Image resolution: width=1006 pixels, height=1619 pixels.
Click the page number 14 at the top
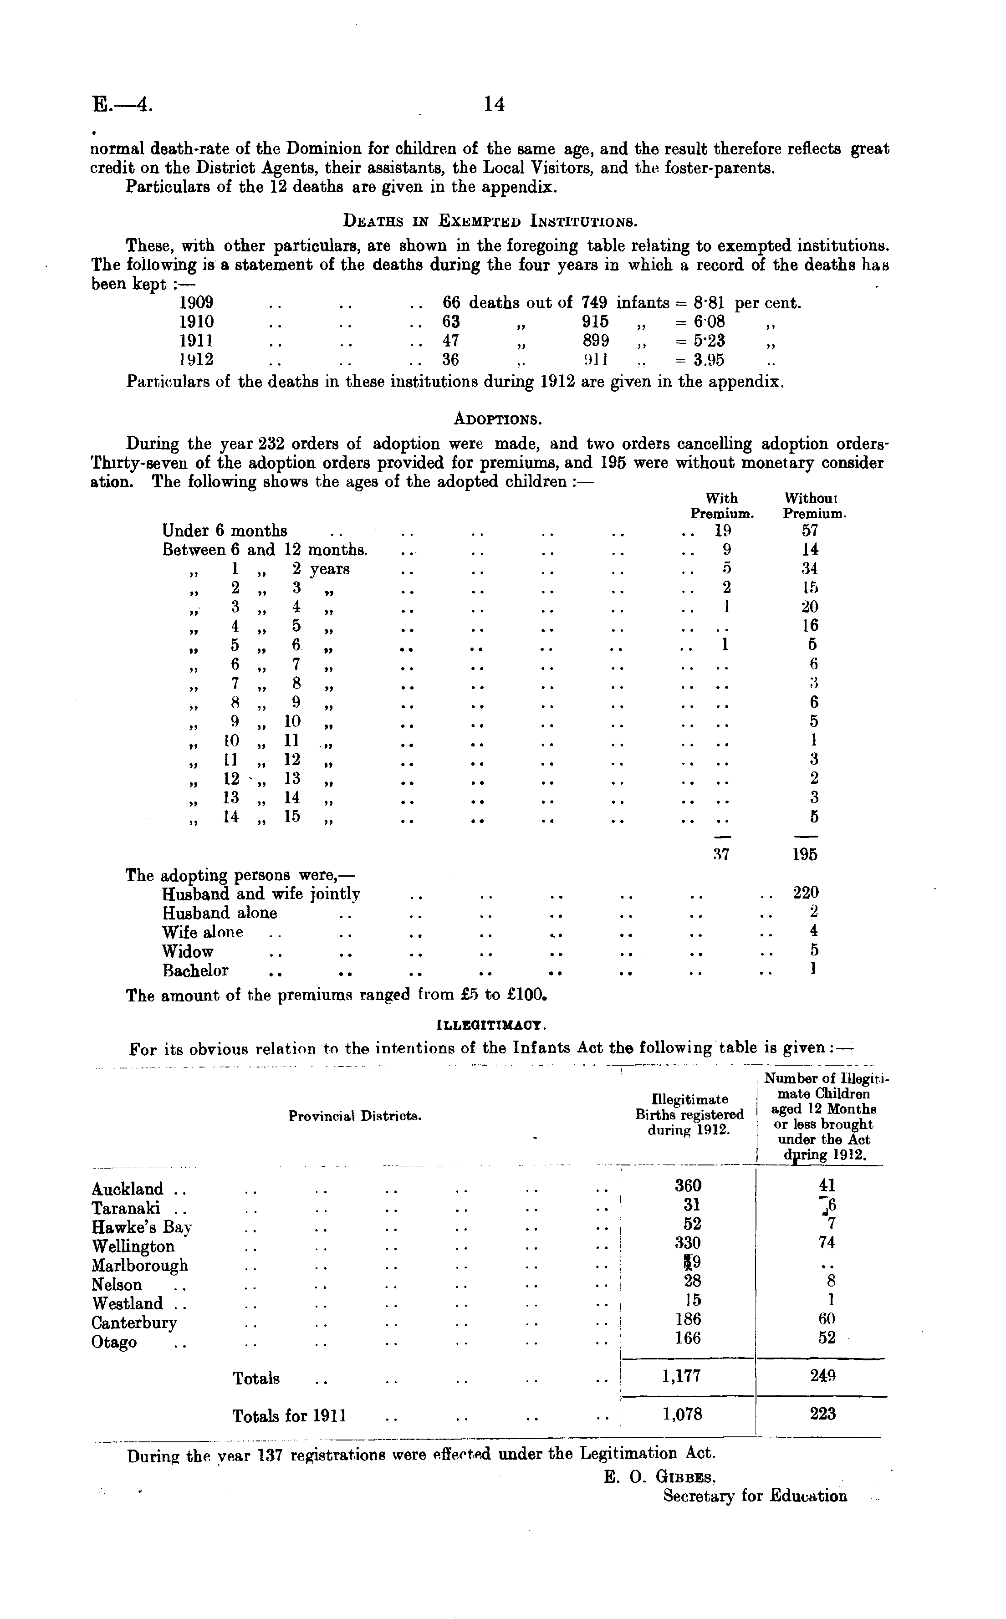pos(495,104)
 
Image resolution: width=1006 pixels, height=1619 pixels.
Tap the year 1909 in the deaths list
pos(196,303)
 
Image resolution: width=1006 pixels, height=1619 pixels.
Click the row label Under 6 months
pos(225,531)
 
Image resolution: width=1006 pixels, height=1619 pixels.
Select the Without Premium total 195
pos(805,855)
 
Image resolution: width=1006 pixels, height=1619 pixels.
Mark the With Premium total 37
pos(722,855)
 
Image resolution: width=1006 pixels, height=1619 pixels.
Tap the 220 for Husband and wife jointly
pos(806,893)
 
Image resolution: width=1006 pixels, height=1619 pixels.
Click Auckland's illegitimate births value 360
pos(688,1186)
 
